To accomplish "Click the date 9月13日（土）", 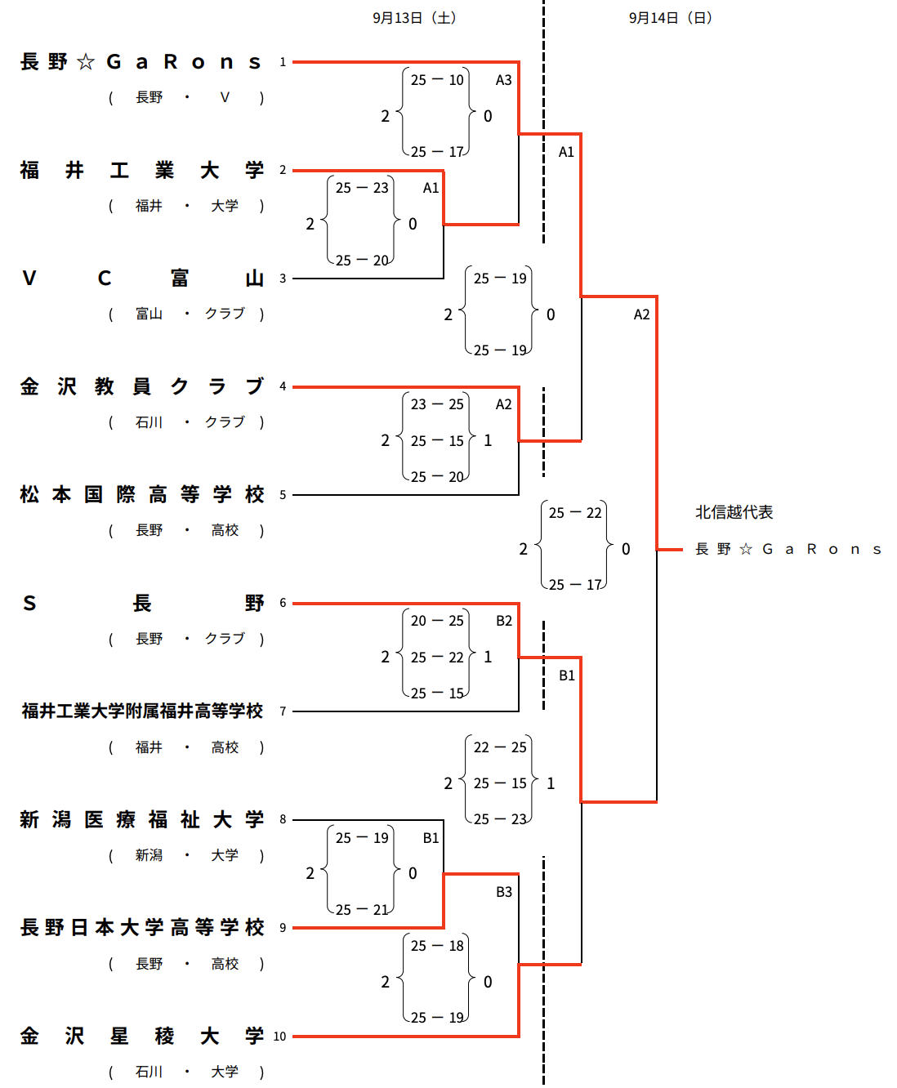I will [x=414, y=18].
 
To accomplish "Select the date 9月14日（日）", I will [x=671, y=18].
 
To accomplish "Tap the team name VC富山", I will [x=142, y=279].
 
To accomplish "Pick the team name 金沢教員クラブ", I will [x=142, y=386].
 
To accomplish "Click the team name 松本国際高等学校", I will [x=142, y=495].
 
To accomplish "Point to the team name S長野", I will [x=142, y=604].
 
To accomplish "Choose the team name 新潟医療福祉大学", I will [x=142, y=819].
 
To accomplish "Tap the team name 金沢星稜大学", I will [x=142, y=1037].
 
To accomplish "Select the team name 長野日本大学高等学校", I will [x=142, y=928].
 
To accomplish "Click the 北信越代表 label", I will [x=734, y=512].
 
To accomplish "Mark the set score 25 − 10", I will [x=437, y=80].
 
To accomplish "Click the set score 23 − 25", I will [x=437, y=404].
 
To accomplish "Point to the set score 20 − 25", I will [x=437, y=621].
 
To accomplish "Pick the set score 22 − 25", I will [x=500, y=747].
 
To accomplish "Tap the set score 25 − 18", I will [x=437, y=946].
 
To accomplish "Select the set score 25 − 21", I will [x=362, y=910].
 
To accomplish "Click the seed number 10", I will [x=279, y=1037].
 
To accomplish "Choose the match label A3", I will [x=504, y=80].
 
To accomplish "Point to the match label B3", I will [x=504, y=892].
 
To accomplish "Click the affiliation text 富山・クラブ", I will [x=188, y=314].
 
